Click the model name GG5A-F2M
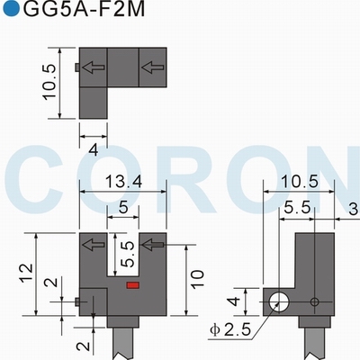pyautogui.click(x=84, y=9)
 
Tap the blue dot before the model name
pyautogui.click(x=11, y=9)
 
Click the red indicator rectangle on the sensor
pyautogui.click(x=132, y=285)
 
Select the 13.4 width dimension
pyautogui.click(x=123, y=183)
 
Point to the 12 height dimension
pyautogui.click(x=26, y=273)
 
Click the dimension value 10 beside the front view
pyautogui.click(x=197, y=280)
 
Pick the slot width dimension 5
pyautogui.click(x=123, y=207)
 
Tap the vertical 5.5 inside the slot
pyautogui.click(x=127, y=255)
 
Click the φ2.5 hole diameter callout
pyautogui.click(x=230, y=330)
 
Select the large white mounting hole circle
pyautogui.click(x=279, y=302)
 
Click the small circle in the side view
pyautogui.click(x=314, y=301)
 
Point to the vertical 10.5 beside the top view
pyautogui.click(x=49, y=82)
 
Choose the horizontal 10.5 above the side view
pyautogui.click(x=299, y=182)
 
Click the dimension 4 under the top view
pyautogui.click(x=94, y=150)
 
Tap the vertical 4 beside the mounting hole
pyautogui.click(x=236, y=301)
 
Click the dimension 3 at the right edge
pyautogui.click(x=355, y=209)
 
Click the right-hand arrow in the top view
pyautogui.click(x=153, y=67)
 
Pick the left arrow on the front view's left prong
pyautogui.click(x=94, y=245)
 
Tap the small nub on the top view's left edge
pyautogui.click(x=77, y=67)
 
